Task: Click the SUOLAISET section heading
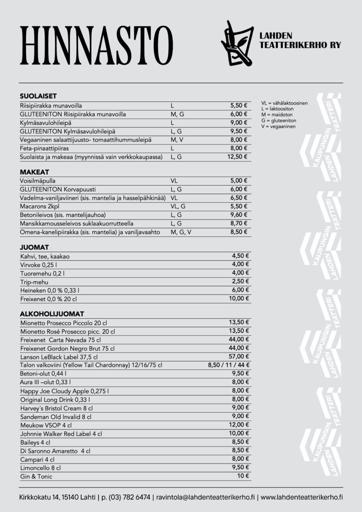(38, 96)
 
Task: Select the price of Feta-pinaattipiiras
(239, 148)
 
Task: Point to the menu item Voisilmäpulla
(38, 181)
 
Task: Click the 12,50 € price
(237, 157)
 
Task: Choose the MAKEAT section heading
(34, 172)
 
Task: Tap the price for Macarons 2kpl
(239, 206)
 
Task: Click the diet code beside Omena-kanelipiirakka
(181, 232)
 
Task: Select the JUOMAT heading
(34, 247)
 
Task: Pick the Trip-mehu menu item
(34, 282)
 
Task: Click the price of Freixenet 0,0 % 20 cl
(239, 299)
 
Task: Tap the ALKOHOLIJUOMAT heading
(52, 314)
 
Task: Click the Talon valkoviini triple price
(229, 365)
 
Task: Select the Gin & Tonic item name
(36, 476)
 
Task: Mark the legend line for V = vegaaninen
(278, 126)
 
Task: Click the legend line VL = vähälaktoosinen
(284, 103)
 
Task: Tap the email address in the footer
(205, 497)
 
